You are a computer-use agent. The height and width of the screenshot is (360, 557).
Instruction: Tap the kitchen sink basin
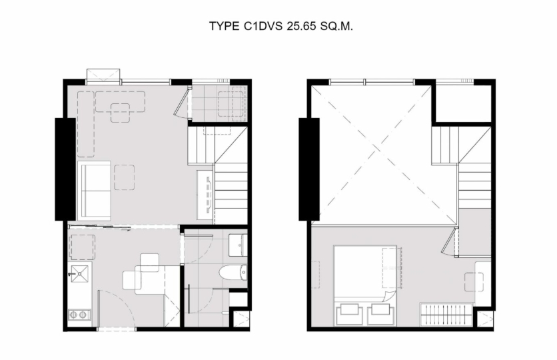tap(79, 273)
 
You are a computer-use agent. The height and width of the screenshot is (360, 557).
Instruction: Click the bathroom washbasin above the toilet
tap(238, 245)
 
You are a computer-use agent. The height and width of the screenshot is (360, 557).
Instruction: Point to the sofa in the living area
tap(94, 191)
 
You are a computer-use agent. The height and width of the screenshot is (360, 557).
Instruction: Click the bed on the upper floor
tap(365, 285)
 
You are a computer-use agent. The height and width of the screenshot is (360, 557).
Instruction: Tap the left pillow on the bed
tap(349, 313)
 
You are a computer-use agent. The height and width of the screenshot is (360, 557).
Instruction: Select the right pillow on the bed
tap(381, 313)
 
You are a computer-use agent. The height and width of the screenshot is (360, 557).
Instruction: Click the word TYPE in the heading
tap(224, 26)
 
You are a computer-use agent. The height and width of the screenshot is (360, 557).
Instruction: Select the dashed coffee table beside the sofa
tap(125, 177)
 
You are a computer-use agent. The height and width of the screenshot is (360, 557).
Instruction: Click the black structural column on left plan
tap(65, 169)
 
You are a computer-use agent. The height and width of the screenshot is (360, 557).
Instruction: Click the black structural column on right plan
tap(309, 169)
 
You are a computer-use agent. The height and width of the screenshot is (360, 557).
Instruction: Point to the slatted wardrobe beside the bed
tap(446, 314)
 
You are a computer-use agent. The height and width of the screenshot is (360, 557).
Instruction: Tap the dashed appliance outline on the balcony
tap(231, 104)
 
